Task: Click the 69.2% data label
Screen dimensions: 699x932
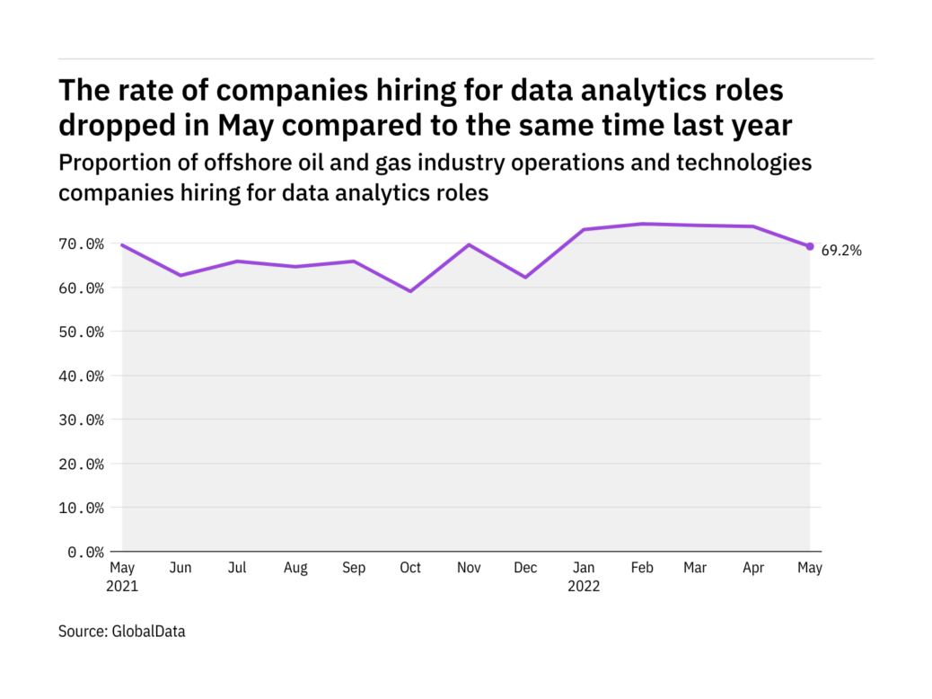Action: [841, 251]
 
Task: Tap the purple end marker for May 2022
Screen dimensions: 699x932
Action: [810, 246]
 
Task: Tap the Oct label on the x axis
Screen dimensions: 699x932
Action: [410, 568]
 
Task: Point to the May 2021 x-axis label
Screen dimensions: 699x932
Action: [123, 577]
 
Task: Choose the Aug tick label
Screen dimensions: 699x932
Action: [295, 568]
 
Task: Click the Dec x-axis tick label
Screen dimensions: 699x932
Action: [525, 568]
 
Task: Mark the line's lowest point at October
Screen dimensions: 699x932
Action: [410, 291]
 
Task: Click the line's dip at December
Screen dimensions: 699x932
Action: [525, 277]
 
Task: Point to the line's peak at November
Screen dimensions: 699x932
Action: [468, 244]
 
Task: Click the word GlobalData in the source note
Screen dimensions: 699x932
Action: [148, 632]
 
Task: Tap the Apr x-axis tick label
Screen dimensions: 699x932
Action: [754, 568]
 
